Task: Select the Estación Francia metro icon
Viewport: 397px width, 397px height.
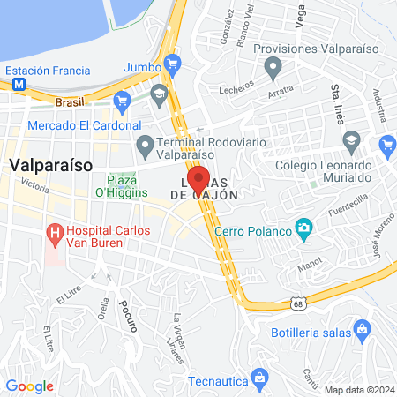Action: [x=18, y=85]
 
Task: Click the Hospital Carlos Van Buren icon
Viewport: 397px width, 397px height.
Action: [x=56, y=235]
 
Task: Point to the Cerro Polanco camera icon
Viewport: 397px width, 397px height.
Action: [x=304, y=230]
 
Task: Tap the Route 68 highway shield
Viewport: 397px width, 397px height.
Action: [x=300, y=303]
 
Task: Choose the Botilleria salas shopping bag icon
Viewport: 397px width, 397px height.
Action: [x=360, y=329]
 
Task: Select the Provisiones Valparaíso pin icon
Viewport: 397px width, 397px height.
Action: [x=273, y=65]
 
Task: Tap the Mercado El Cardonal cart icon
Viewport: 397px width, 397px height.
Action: [x=122, y=101]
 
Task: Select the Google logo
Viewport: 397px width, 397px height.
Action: [x=29, y=386]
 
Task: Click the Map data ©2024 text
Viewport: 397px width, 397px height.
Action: [x=357, y=389]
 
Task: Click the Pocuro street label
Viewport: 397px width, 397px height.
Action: [x=126, y=311]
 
